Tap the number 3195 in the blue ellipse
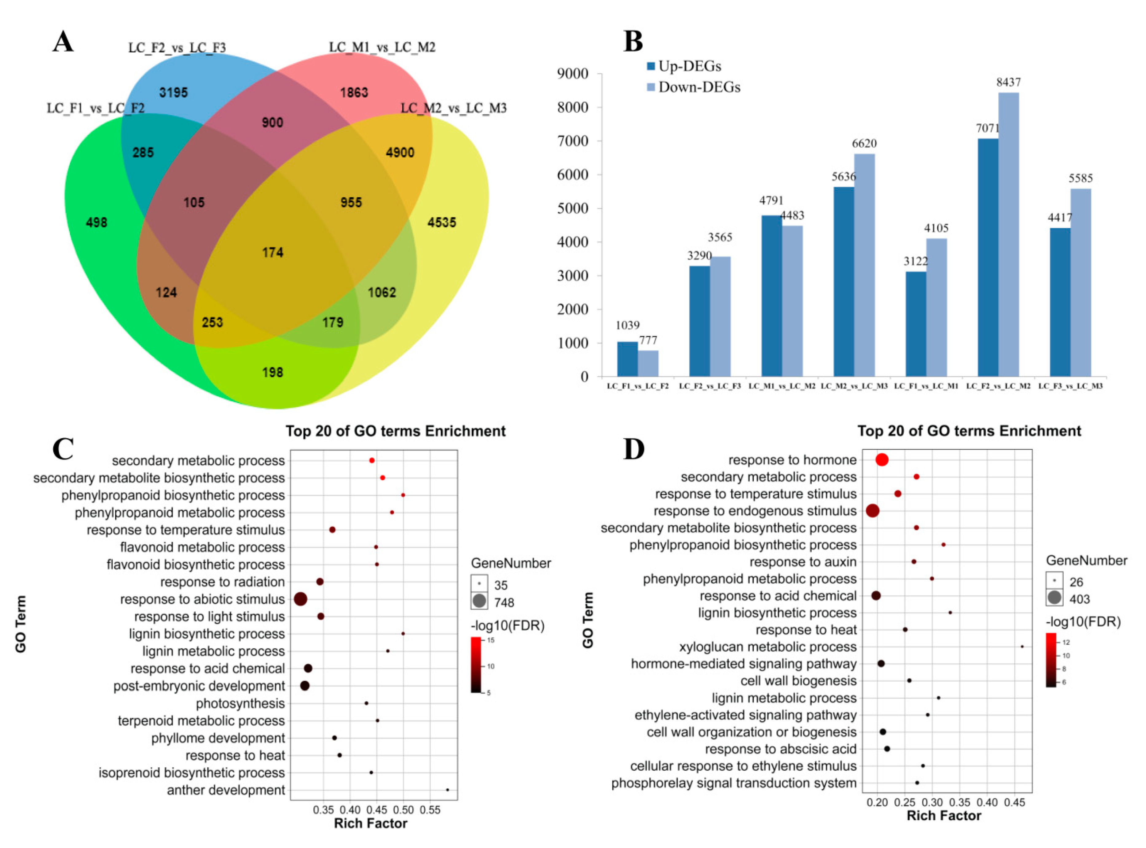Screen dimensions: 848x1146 173,92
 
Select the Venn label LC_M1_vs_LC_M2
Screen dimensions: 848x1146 382,47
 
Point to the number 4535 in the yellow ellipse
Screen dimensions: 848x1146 442,222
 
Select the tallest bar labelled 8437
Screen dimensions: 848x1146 1008,234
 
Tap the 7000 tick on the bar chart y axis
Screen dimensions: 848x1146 572,141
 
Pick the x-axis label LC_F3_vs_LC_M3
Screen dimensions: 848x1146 1070,386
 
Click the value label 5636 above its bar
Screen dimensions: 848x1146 844,176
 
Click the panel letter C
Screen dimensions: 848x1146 63,449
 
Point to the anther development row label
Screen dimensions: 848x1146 226,790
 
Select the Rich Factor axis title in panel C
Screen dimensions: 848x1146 370,823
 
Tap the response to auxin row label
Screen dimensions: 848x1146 803,562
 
